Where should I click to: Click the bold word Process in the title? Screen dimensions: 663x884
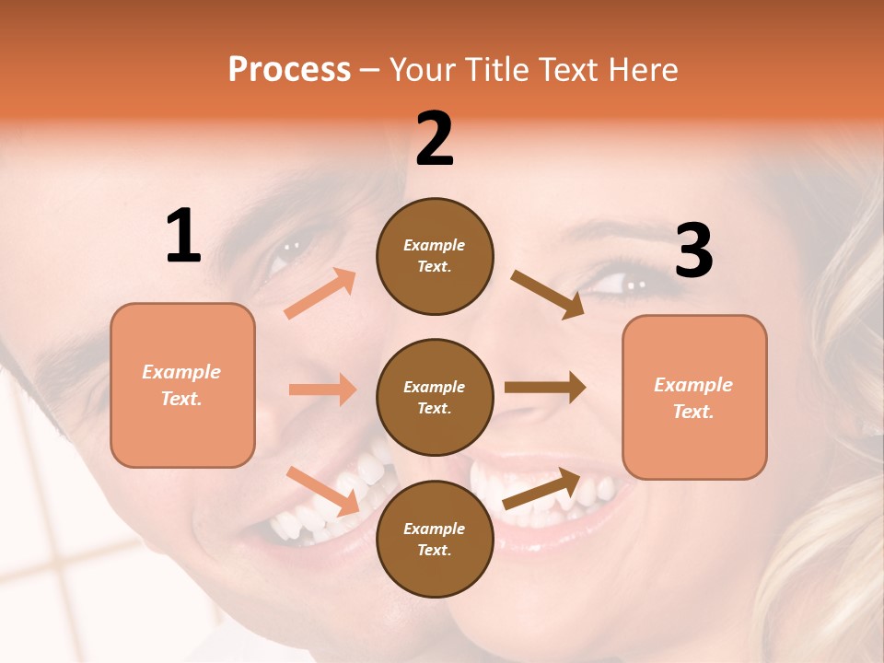click(289, 70)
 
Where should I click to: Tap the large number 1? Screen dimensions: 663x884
click(183, 237)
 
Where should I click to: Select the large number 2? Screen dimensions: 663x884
click(435, 139)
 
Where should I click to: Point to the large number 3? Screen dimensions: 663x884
click(693, 251)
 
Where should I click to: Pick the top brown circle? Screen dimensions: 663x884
click(435, 256)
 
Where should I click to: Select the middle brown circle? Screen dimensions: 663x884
click(435, 397)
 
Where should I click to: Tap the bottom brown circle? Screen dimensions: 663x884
click(435, 539)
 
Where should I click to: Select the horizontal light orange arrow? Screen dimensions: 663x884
click(322, 390)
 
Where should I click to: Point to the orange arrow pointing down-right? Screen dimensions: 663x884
click(322, 490)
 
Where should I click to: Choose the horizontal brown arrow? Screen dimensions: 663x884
click(545, 387)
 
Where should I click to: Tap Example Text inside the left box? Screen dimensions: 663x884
click(181, 385)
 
